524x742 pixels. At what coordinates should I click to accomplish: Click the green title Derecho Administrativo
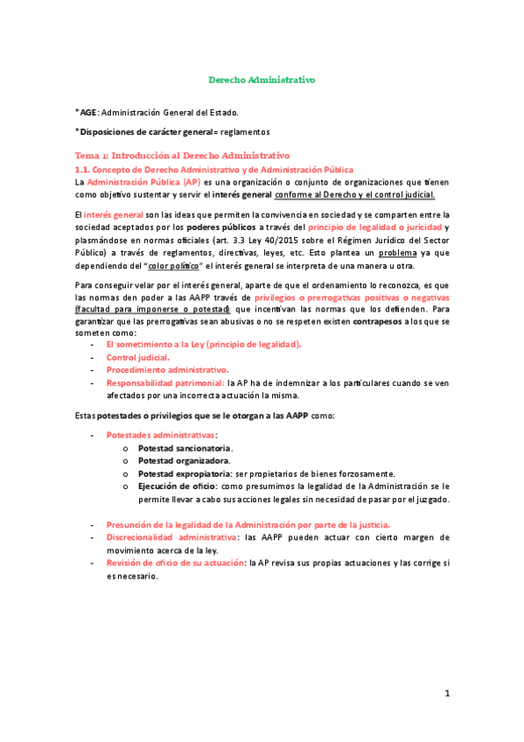pyautogui.click(x=262, y=80)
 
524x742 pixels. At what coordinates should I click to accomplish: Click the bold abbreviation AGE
pyautogui.click(x=87, y=112)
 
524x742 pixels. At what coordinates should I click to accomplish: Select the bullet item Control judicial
pyautogui.click(x=138, y=357)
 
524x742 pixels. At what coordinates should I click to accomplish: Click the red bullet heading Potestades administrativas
pyautogui.click(x=161, y=434)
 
